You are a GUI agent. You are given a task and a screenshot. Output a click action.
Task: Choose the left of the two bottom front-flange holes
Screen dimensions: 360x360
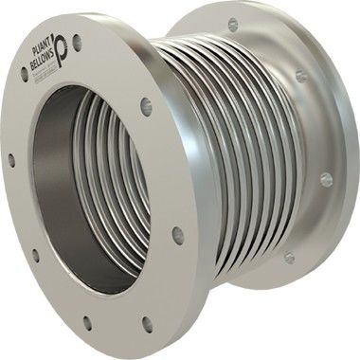tap(87, 322)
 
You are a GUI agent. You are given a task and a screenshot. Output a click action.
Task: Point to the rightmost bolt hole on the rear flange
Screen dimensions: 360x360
tap(326, 177)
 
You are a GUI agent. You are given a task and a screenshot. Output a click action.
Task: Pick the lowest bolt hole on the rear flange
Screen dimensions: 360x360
tap(290, 257)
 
